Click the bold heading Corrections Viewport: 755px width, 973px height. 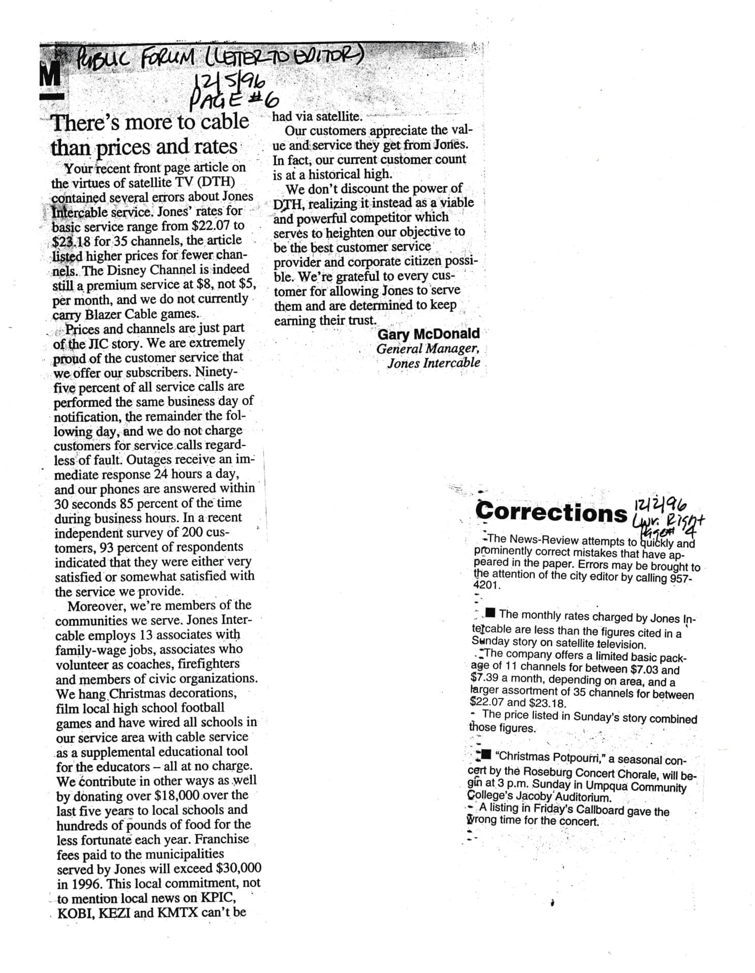tap(551, 512)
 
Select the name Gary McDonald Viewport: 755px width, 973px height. tap(428, 334)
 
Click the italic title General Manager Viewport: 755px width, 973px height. tap(427, 349)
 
